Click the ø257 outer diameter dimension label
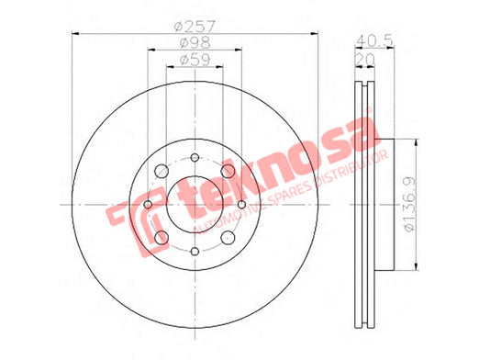pos(195,27)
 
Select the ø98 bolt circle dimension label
pos(195,43)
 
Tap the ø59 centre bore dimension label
pos(195,60)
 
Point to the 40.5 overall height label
pos(375,40)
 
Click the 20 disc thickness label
pos(365,58)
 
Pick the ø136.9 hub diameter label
pos(409,205)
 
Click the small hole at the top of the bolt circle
pos(195,158)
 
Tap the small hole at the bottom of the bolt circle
pos(195,252)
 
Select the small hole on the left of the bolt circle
pos(148,204)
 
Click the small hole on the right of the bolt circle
pos(241,204)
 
